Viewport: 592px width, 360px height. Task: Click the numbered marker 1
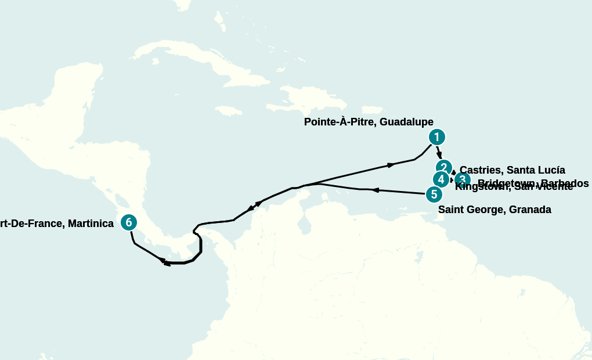(436, 137)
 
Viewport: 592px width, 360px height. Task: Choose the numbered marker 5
(434, 195)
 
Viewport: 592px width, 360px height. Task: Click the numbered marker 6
(129, 222)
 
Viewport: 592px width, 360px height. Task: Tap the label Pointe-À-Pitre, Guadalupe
(369, 122)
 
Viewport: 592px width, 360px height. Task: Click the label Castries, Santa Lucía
(512, 170)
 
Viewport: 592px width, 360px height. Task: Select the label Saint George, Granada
(494, 210)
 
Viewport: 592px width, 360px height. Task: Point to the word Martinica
(91, 223)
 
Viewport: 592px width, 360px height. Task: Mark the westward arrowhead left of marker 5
(375, 190)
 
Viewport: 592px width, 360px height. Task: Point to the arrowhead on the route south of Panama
(167, 264)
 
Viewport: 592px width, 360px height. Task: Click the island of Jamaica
(229, 110)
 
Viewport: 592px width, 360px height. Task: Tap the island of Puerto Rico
(372, 109)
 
